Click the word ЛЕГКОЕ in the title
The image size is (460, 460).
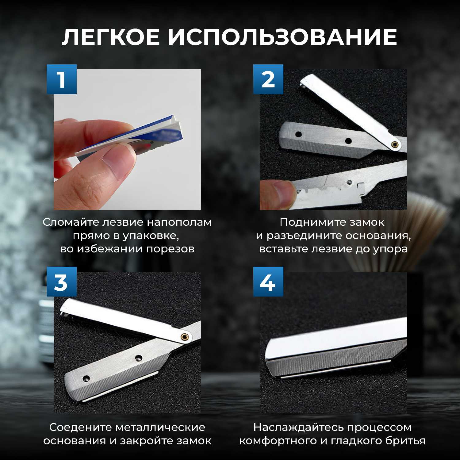111,37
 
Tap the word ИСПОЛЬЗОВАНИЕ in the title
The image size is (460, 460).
282,37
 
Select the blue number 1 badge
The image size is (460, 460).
62,79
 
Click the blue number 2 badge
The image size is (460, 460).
268,79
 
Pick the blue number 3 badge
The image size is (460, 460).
62,282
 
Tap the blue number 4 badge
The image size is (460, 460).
268,282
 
